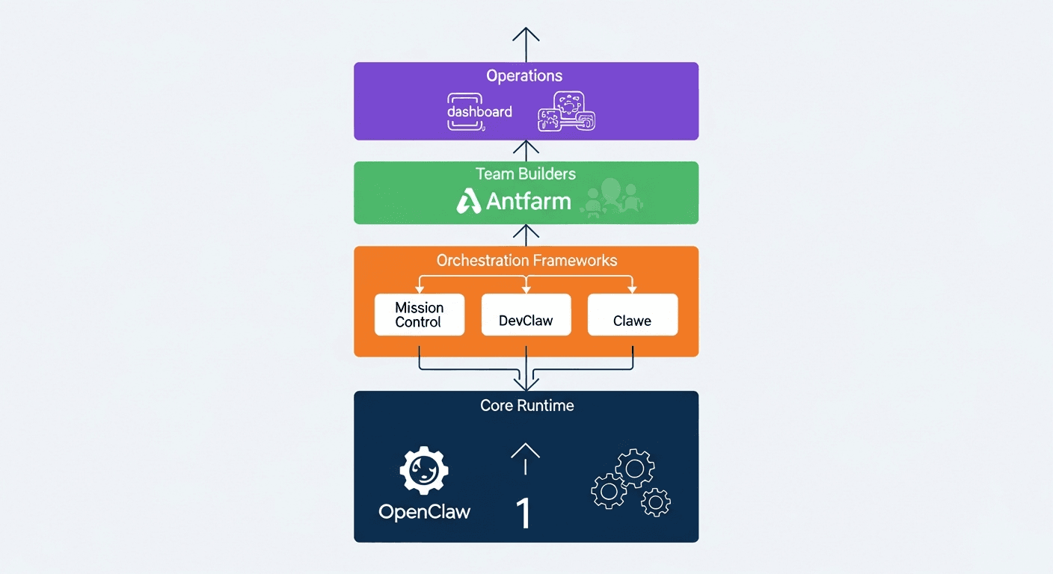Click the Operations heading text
coord(524,75)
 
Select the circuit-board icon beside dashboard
coord(567,112)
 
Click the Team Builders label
coord(526,174)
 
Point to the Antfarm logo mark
coord(469,201)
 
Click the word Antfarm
coord(528,201)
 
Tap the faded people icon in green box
coord(612,198)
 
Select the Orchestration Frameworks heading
coord(526,261)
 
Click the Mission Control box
coord(420,315)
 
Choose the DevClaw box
coord(526,315)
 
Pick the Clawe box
coord(633,315)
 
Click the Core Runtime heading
coord(526,406)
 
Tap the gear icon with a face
coord(424,472)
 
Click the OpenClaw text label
coord(424,512)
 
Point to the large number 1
coord(524,513)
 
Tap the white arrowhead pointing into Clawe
coord(633,289)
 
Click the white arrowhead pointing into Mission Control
coord(420,289)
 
